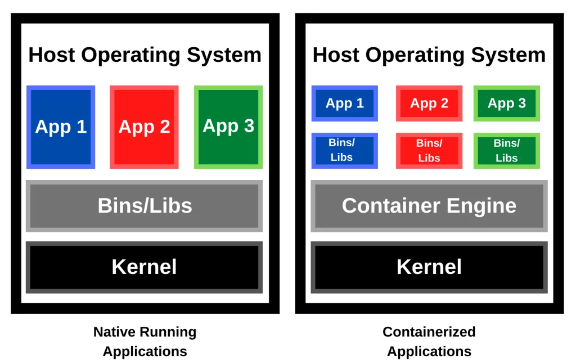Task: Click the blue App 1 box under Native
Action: pos(61,127)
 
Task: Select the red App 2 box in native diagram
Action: pos(144,127)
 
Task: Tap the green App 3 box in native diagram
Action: pos(228,127)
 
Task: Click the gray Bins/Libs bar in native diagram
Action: pos(145,206)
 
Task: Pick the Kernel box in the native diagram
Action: pos(145,267)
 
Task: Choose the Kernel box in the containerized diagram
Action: pos(429,267)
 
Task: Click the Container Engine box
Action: pos(429,206)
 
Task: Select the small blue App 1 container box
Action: pos(345,103)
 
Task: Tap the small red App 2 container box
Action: pos(429,103)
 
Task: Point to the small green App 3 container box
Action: pos(507,103)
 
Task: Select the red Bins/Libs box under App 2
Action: pos(429,150)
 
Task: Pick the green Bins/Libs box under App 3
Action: pos(507,150)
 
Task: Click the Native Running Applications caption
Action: pos(145,341)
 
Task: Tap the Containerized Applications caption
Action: pos(429,341)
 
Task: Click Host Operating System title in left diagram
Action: pos(145,55)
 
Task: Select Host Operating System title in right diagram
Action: pos(429,55)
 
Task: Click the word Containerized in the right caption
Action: pos(429,332)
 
